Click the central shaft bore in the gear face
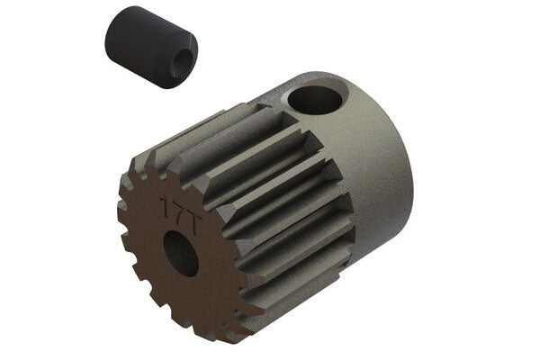click(x=183, y=255)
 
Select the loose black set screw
click(x=150, y=48)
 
